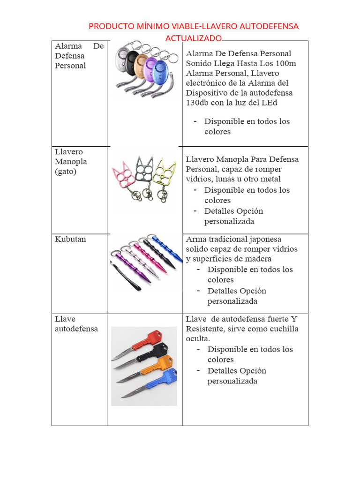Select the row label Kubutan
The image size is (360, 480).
(x=70, y=239)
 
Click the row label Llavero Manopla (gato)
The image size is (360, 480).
(x=71, y=162)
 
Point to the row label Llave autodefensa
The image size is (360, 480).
(x=76, y=324)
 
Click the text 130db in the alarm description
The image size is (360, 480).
(x=197, y=103)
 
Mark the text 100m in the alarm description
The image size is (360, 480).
(x=287, y=63)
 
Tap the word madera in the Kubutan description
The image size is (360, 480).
(x=260, y=259)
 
